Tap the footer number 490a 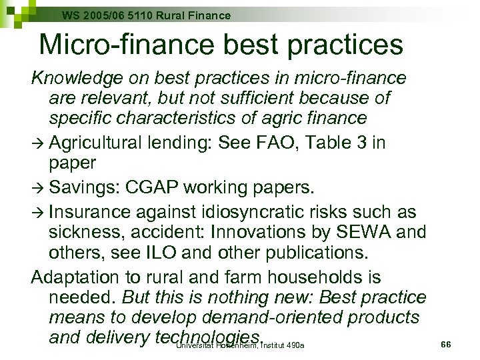(293, 345)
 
